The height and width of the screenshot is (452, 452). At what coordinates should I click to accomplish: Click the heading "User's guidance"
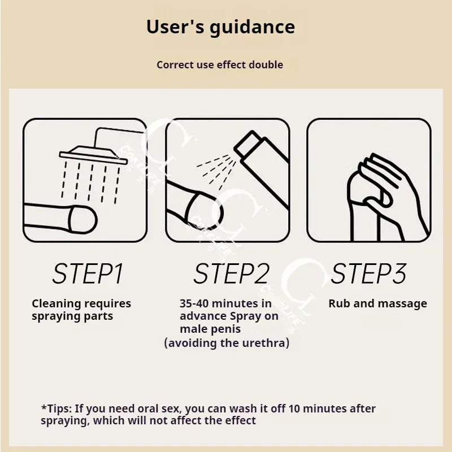[x=220, y=27]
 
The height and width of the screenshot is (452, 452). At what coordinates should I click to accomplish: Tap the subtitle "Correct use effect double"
[x=220, y=64]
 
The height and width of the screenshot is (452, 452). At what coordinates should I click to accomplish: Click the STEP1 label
[x=88, y=273]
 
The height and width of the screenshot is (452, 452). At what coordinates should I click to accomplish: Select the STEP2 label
[x=232, y=273]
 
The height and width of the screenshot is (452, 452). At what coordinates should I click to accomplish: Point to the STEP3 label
[x=368, y=273]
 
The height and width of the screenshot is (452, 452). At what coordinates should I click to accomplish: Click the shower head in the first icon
[x=93, y=155]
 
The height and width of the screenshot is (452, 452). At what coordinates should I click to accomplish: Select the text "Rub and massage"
[x=377, y=304]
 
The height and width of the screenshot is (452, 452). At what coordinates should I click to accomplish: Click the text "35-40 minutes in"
[x=225, y=303]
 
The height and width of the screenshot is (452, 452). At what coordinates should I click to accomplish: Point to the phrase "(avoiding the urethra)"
[x=227, y=343]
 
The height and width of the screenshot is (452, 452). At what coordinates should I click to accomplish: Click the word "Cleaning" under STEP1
[x=56, y=304]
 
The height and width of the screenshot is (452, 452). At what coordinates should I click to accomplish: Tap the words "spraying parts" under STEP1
[x=72, y=316]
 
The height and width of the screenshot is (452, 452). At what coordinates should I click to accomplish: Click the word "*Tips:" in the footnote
[x=56, y=408]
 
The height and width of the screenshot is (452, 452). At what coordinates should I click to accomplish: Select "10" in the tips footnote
[x=294, y=408]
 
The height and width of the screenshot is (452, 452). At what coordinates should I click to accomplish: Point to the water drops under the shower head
[x=91, y=182]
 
